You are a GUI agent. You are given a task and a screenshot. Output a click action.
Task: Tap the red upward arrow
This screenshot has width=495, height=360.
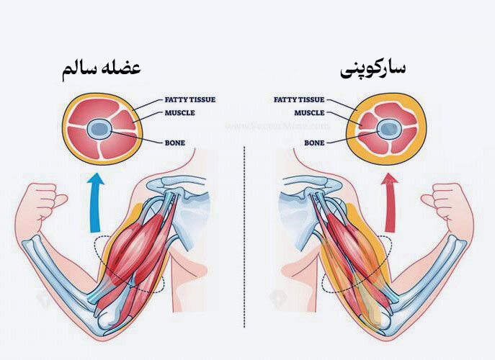point(391,204)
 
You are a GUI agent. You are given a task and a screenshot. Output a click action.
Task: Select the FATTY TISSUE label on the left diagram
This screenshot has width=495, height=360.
point(191,99)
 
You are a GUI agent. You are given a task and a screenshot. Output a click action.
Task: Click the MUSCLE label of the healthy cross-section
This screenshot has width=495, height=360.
point(180,112)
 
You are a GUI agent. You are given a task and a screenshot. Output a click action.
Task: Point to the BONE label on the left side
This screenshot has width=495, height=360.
point(175,143)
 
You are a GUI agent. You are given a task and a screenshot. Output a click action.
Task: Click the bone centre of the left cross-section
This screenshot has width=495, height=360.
point(98,130)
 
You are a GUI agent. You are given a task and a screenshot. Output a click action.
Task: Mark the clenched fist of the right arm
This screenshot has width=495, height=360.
point(452,202)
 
